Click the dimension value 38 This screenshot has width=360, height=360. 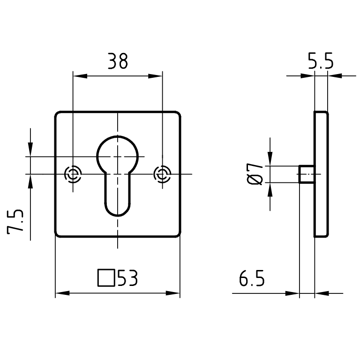118,61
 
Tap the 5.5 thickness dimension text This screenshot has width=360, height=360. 321,61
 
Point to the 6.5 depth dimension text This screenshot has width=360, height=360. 252,278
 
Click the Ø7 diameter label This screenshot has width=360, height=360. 255,174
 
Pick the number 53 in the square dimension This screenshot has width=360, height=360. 127,278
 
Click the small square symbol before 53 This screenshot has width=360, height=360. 106,278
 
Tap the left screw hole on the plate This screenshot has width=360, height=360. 73,174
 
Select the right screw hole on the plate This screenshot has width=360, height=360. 162,174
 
